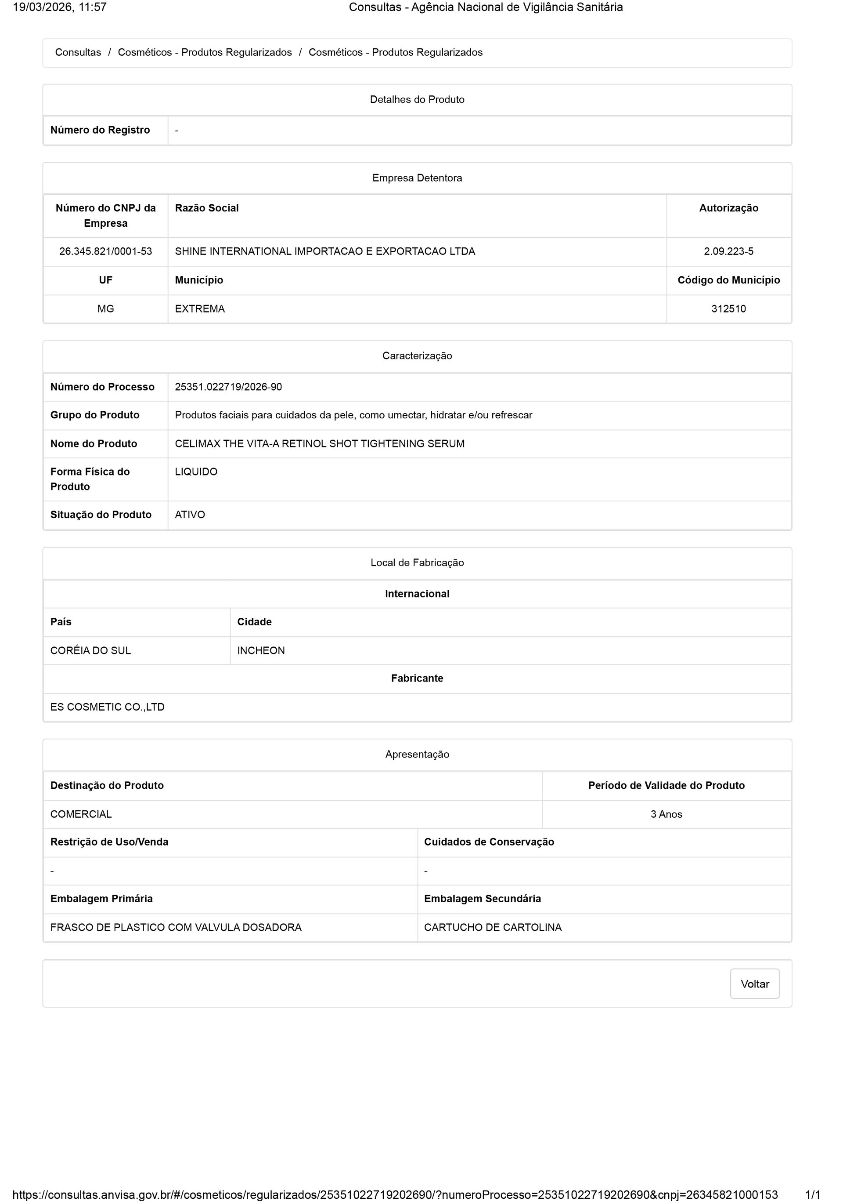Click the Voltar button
pyautogui.click(x=754, y=984)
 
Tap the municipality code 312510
pyautogui.click(x=728, y=309)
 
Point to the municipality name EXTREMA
pyautogui.click(x=200, y=309)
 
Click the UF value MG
pyautogui.click(x=105, y=309)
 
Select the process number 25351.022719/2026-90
pyautogui.click(x=228, y=387)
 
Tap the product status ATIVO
pyautogui.click(x=190, y=515)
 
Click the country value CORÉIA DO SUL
pyautogui.click(x=90, y=651)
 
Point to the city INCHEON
pyautogui.click(x=261, y=651)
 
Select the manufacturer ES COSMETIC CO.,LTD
pyautogui.click(x=107, y=707)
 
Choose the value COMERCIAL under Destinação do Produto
pyautogui.click(x=81, y=814)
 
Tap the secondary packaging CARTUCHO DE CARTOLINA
pyautogui.click(x=492, y=927)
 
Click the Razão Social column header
pyautogui.click(x=206, y=208)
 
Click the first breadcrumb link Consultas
pyautogui.click(x=78, y=52)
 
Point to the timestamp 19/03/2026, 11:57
pyautogui.click(x=60, y=7)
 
